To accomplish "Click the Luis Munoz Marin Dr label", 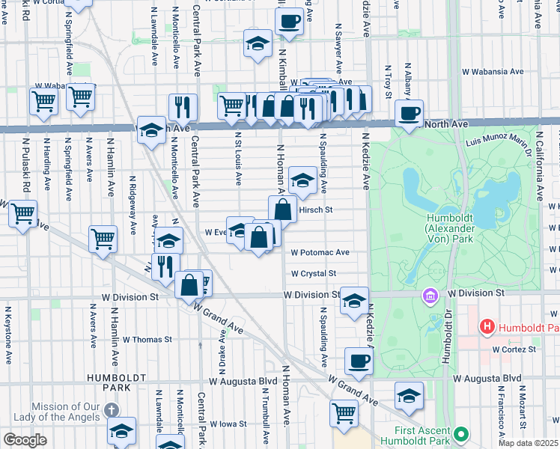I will click(498, 141).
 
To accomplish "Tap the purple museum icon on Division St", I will click(430, 296).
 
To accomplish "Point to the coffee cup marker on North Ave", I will click(409, 114).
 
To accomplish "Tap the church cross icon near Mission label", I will click(112, 409).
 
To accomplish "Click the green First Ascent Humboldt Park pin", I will click(462, 434).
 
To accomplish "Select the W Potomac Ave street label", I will click(320, 253).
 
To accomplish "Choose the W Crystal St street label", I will click(314, 274).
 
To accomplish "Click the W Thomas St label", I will click(147, 340).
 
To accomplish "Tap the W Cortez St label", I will click(516, 349).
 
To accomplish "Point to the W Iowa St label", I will click(228, 424).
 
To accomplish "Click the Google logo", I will click(25, 439).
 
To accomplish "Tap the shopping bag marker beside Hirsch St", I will click(282, 210).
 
